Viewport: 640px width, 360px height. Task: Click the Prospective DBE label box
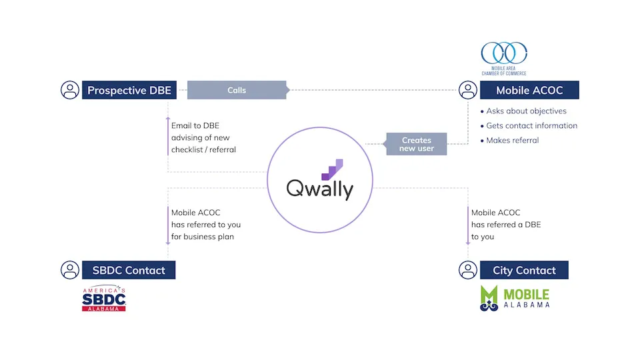129,90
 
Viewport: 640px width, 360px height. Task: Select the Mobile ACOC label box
529,90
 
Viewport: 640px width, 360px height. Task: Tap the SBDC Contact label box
129,270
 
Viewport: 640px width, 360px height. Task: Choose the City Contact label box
524,270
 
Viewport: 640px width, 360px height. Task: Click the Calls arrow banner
237,90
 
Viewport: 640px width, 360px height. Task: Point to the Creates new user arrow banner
417,144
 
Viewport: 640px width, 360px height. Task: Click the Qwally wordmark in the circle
320,189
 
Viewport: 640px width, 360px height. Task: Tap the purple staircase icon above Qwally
332,169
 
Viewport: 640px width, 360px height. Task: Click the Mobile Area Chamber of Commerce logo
504,59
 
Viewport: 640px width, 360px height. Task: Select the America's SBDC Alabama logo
104,299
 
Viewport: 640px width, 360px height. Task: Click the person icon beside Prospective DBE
70,90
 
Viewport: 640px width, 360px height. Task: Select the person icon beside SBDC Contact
70,270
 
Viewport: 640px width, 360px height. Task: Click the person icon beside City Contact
469,270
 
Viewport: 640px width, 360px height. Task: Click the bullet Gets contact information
531,125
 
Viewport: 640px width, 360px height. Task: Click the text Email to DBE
195,125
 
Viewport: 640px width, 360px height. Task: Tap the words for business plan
203,237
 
